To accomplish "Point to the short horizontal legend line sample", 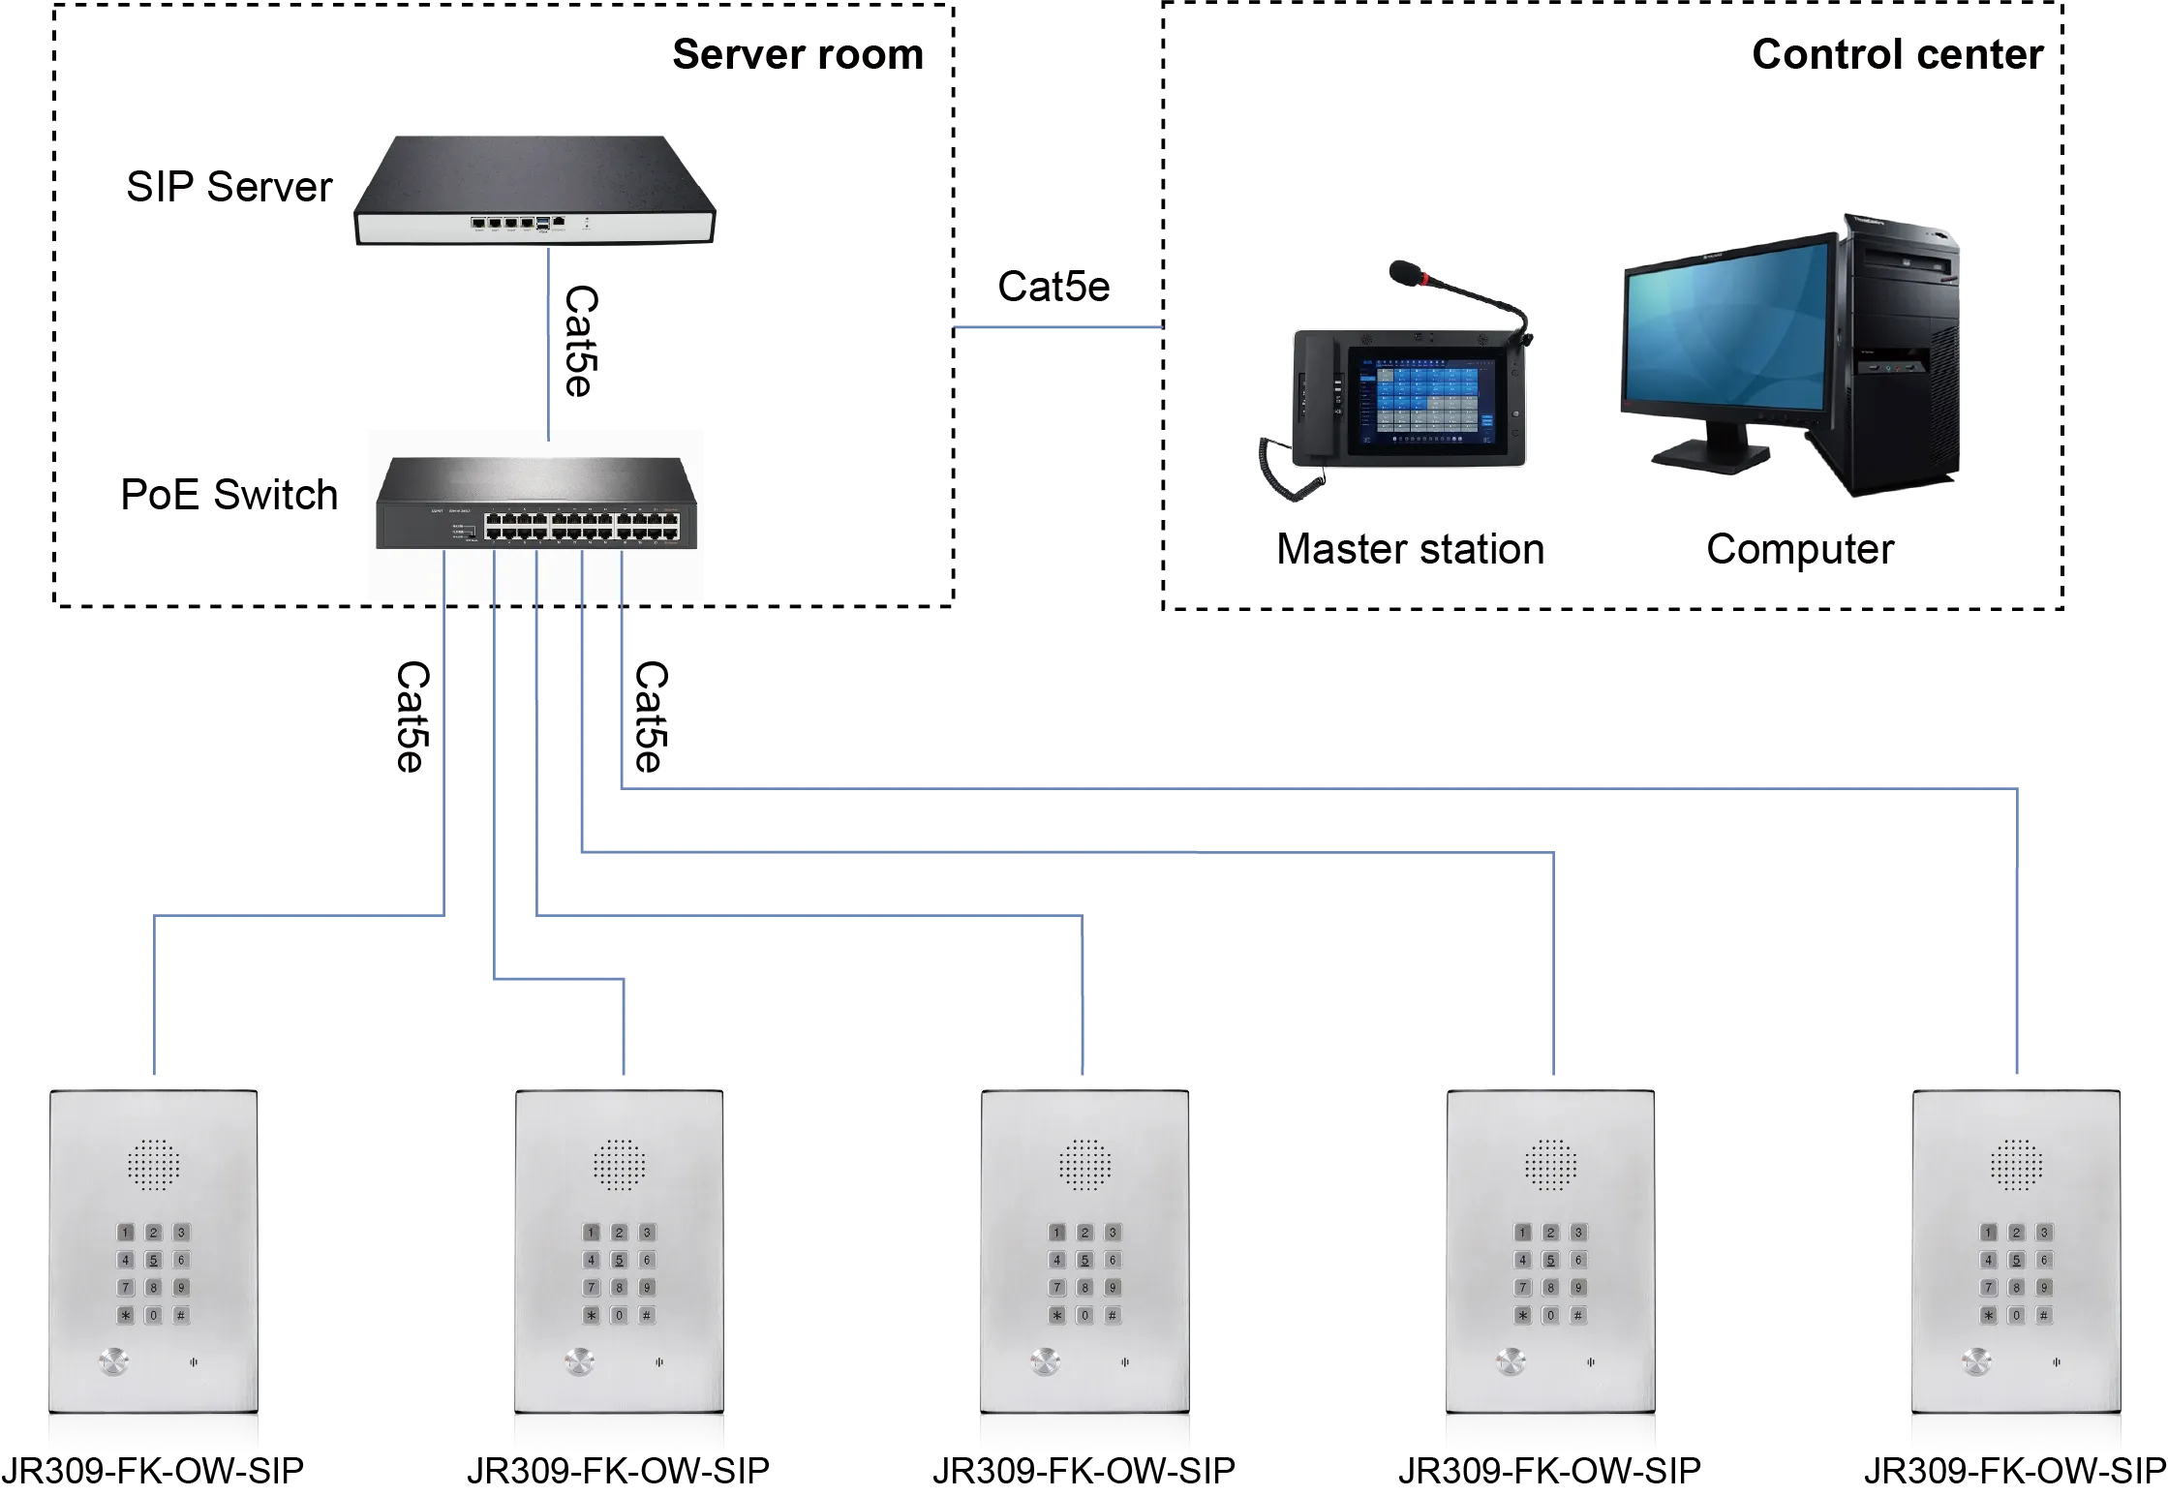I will click(1060, 329).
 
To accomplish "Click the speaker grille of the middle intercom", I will click(1084, 1165).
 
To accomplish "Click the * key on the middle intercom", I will click(1056, 1315).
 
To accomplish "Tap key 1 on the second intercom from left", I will click(592, 1233).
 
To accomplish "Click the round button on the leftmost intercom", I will click(114, 1362).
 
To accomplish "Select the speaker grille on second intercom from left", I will click(620, 1165).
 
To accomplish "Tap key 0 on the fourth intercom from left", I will click(1550, 1315).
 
